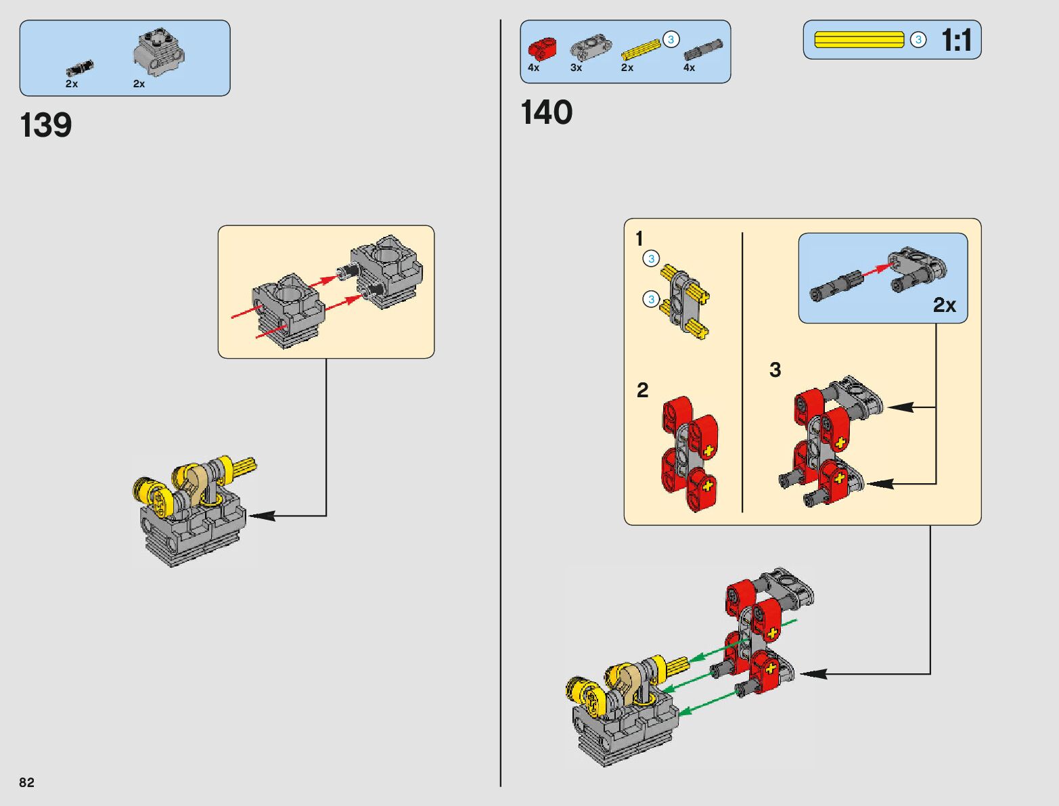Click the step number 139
[46, 126]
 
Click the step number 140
[546, 112]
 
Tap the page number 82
[26, 782]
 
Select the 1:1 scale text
[956, 41]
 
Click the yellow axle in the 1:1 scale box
[859, 40]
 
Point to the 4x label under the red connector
[533, 68]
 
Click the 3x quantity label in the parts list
[576, 68]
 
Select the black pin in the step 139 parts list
[80, 68]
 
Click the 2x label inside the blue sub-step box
[944, 305]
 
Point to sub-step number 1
[639, 239]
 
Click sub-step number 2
[642, 390]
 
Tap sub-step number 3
[775, 370]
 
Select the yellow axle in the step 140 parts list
[639, 50]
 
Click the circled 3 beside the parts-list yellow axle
[671, 39]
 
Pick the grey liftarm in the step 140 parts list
[590, 47]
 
